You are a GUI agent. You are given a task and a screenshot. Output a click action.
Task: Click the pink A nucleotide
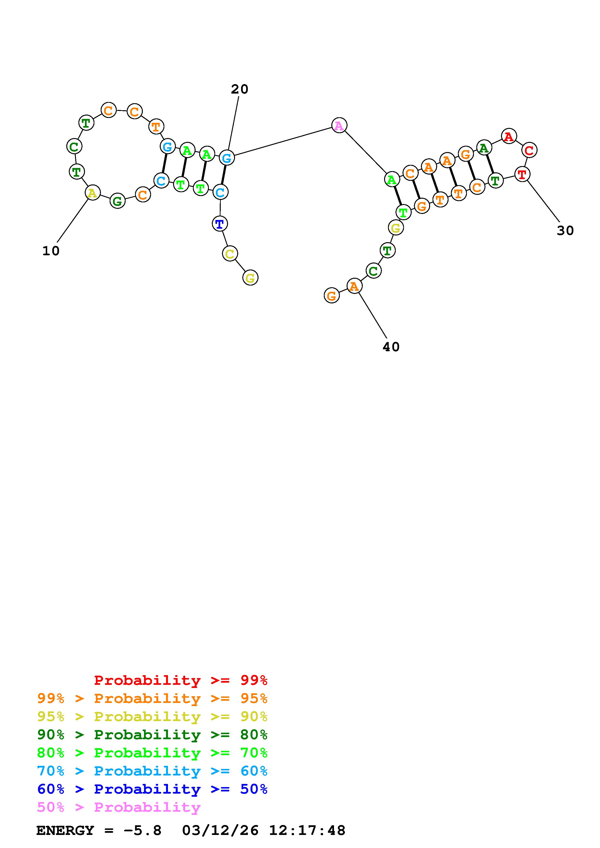click(339, 125)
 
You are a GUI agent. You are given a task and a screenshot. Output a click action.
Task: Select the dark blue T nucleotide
click(220, 224)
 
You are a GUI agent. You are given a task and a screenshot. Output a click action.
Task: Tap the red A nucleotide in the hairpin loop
click(509, 137)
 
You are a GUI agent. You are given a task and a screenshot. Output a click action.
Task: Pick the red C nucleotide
click(529, 150)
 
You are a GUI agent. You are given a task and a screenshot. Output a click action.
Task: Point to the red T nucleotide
click(522, 174)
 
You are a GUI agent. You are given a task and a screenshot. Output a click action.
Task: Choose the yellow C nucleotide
click(230, 254)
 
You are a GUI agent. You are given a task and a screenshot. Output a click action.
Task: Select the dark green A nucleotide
click(484, 148)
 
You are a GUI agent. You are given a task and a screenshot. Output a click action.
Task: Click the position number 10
click(51, 251)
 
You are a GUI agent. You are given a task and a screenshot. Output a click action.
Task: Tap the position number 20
click(240, 89)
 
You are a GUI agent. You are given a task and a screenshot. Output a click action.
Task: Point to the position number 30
click(565, 230)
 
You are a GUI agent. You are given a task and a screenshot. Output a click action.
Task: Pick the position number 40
click(391, 347)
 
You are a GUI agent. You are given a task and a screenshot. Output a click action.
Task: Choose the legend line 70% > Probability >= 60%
click(152, 771)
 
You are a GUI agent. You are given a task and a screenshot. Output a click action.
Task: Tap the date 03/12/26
click(220, 831)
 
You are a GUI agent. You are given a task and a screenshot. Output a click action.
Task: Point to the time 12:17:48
click(307, 831)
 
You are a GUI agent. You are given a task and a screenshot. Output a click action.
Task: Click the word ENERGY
click(65, 831)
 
